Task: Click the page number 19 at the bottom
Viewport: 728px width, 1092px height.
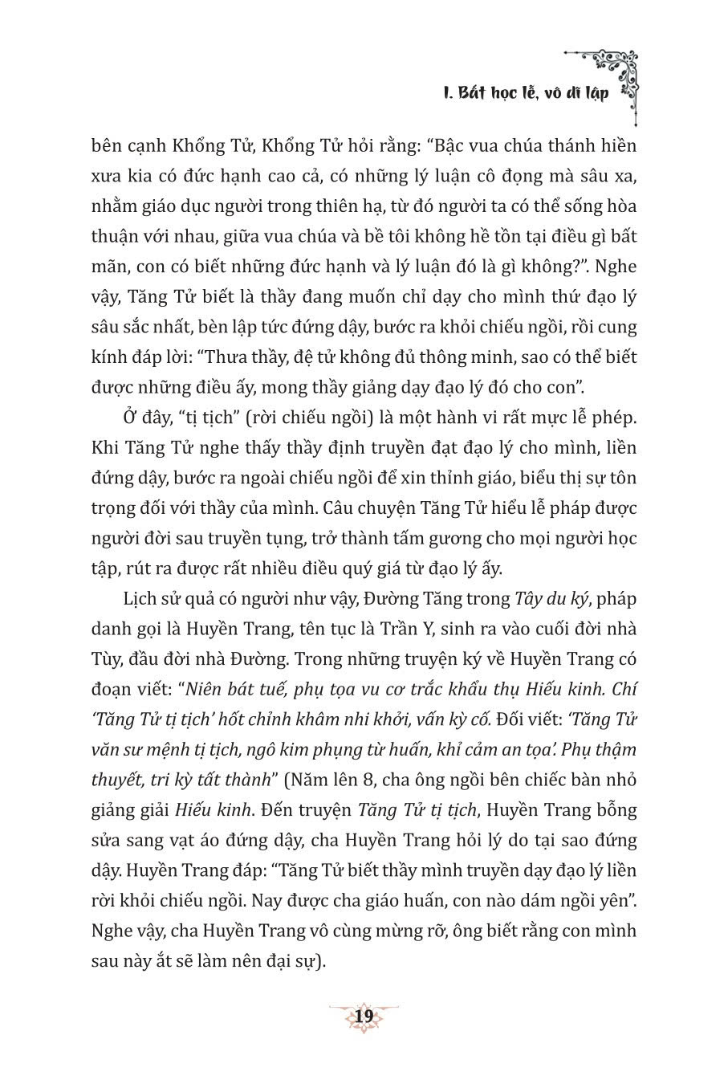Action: tap(364, 1016)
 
